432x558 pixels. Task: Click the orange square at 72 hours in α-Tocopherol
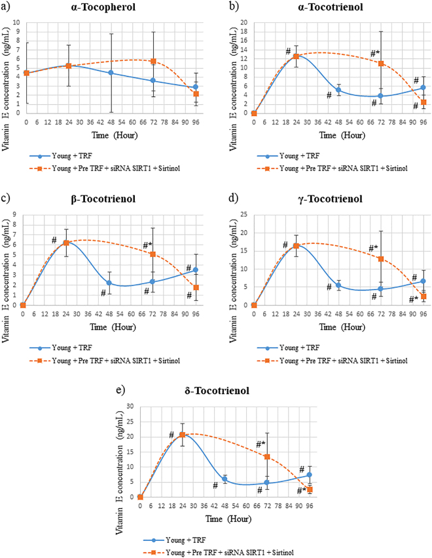point(153,61)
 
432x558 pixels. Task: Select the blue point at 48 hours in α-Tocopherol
point(111,73)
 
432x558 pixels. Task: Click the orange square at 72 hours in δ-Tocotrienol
point(267,456)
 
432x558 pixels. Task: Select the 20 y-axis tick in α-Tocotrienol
point(243,22)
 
